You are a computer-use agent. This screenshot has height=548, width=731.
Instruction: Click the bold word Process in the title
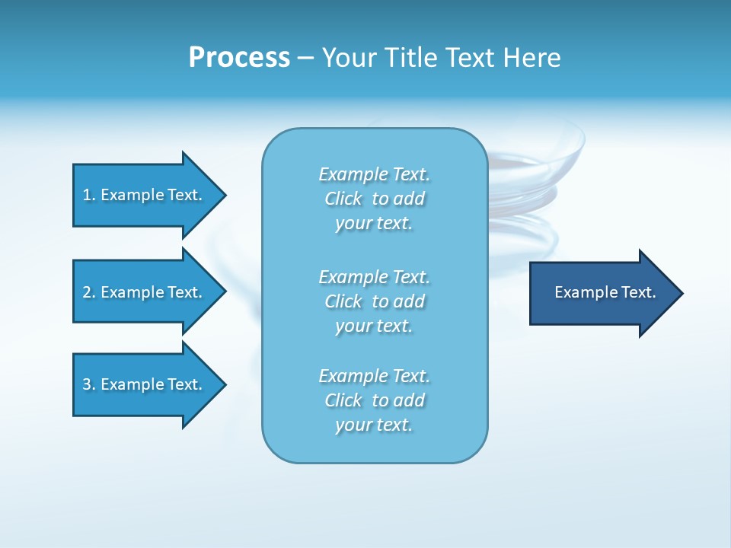coord(239,58)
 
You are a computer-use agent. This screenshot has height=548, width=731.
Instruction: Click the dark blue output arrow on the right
coord(602,292)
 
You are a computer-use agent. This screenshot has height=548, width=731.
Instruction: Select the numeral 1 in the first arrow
coord(87,195)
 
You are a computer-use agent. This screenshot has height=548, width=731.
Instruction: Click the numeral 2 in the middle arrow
coord(87,292)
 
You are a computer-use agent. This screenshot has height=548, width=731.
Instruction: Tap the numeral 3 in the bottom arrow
coord(87,384)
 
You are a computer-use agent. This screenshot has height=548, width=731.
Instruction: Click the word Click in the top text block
coord(343,199)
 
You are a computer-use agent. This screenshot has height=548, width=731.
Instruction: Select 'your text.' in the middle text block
coord(374,326)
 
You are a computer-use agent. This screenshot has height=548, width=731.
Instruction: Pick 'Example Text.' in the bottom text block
coord(374,376)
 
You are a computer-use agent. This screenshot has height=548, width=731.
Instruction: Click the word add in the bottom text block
coord(409,400)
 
